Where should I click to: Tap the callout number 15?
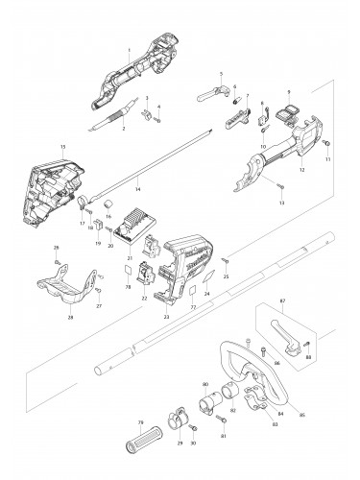tap(62, 147)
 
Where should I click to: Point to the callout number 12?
tap(302, 169)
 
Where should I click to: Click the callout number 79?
tap(140, 423)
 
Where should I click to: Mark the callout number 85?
tap(301, 415)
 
